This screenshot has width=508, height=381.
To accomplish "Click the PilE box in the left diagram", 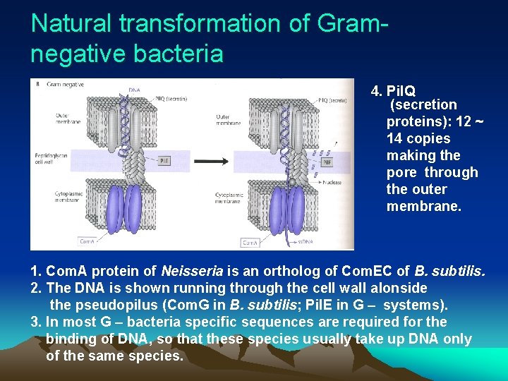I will tap(163, 161).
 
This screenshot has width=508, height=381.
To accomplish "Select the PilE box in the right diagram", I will tap(327, 162).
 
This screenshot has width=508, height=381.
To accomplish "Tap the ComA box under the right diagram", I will tap(250, 243).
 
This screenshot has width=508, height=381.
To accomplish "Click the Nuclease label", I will tap(332, 183).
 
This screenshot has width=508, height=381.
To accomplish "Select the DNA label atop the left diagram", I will tap(134, 90).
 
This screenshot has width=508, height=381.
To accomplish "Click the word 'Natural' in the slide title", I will tap(71, 23).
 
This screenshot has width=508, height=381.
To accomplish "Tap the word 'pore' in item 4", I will tap(402, 172).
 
